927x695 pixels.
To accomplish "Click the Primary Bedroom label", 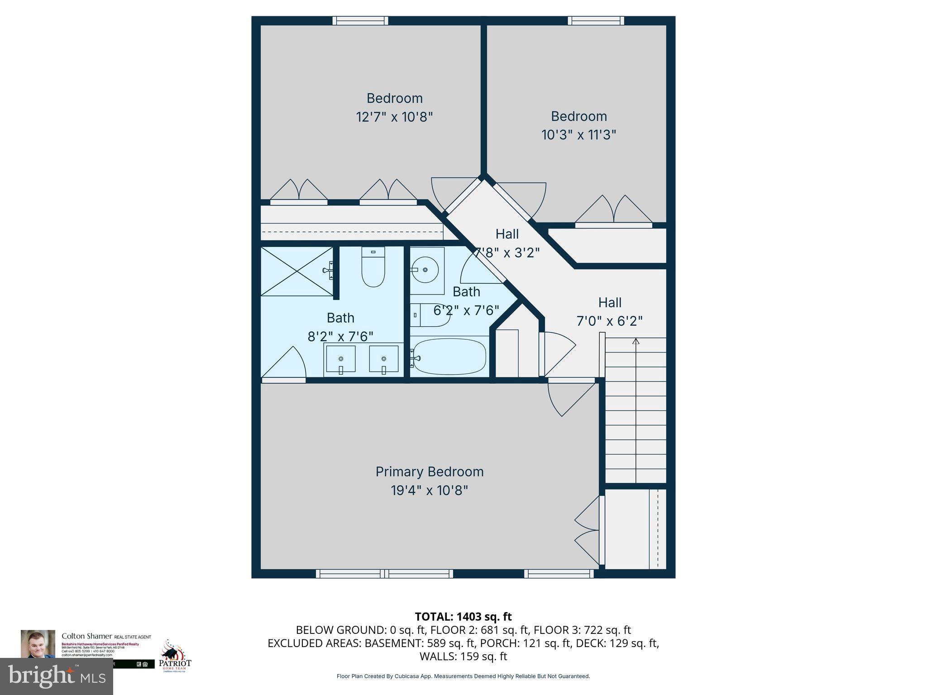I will [429, 471].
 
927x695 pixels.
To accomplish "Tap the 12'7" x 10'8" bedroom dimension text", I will [394, 117].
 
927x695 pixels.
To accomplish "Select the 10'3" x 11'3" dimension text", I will [578, 135].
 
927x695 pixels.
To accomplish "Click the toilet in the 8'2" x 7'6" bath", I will [373, 268].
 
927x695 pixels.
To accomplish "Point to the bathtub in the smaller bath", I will [449, 357].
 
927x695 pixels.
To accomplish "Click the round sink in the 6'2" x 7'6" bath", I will [425, 270].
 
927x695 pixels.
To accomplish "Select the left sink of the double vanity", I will [340, 359].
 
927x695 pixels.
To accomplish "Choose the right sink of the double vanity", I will [383, 359].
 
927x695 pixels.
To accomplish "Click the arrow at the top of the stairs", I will [636, 341].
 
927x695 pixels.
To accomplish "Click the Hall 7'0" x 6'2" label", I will [609, 312].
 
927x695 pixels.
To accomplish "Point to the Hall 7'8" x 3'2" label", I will [507, 243].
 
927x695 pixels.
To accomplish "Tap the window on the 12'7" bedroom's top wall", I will [360, 21].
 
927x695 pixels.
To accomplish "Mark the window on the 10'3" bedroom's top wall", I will [596, 21].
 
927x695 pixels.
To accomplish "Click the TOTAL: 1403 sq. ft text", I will [463, 616].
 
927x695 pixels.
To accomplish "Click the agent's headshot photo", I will [38, 643].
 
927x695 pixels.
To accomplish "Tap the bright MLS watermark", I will [57, 676].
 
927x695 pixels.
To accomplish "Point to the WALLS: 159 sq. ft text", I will [463, 656].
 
